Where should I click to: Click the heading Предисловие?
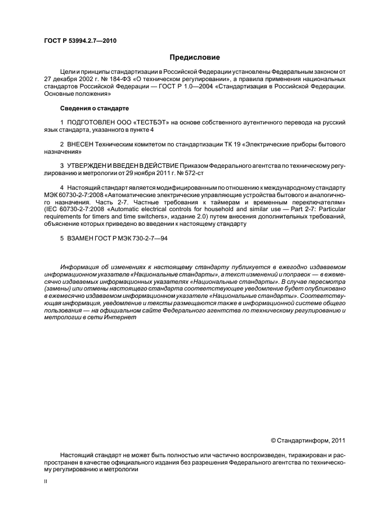pos(194,57)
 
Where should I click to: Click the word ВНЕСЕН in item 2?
pos(79,145)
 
